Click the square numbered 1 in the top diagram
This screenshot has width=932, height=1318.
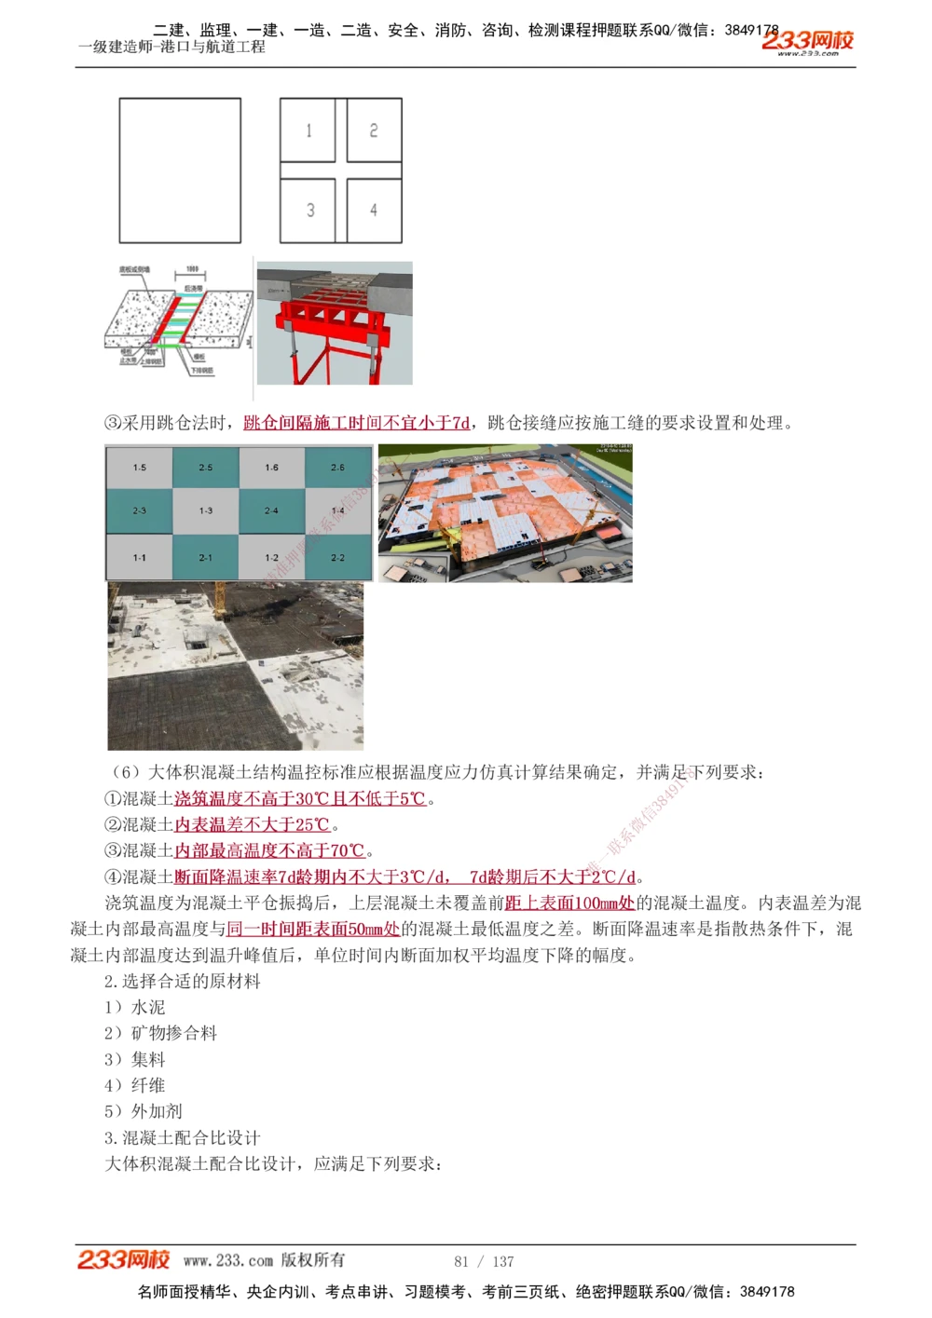coord(308,130)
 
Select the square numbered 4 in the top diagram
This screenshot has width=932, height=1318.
coord(374,210)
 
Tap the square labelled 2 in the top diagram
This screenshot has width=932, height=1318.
coord(374,130)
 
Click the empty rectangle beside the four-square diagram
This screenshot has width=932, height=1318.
coord(180,170)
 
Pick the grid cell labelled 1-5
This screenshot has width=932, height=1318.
coord(139,468)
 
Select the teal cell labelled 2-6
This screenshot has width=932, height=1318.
coord(337,468)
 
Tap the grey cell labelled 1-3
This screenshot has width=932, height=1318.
coord(205,510)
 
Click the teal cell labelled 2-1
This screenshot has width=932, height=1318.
coord(205,558)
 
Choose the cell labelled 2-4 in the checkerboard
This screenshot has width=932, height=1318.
coord(271,510)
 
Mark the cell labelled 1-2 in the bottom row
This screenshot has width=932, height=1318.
coord(271,558)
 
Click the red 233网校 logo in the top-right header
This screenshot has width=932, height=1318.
coord(807,41)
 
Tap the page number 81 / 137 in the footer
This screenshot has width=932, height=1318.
coord(484,1261)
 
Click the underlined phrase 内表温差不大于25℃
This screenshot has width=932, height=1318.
coord(253,824)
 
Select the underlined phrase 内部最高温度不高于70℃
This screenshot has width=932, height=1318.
coord(269,850)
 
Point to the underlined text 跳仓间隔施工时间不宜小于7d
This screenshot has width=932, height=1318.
coord(357,423)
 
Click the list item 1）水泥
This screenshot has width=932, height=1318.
coord(135,1007)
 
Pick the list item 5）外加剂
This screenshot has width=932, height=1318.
coord(144,1111)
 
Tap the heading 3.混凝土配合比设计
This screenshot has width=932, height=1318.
coord(183,1137)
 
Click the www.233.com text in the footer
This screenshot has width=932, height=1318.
coord(228,1260)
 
